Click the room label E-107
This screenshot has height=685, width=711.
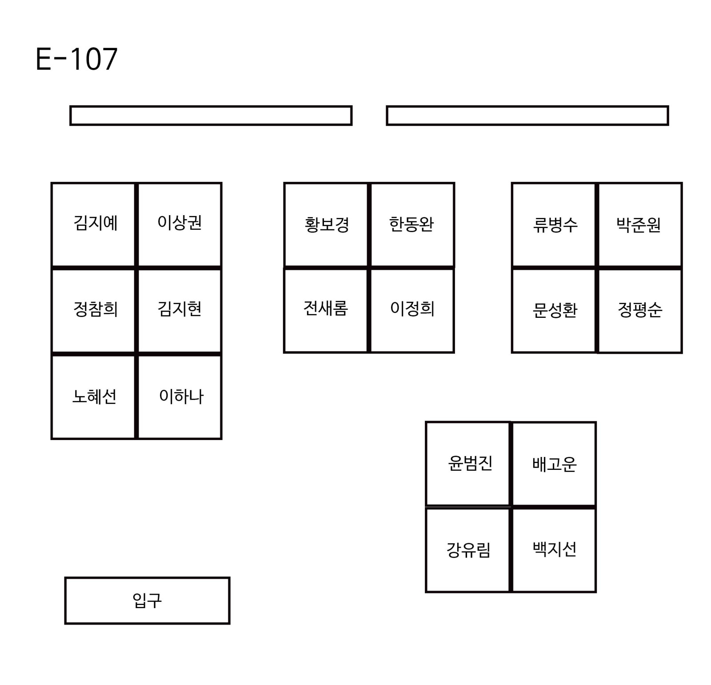tap(76, 59)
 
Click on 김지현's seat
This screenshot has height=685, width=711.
tap(180, 310)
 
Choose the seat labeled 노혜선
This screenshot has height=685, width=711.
tap(93, 397)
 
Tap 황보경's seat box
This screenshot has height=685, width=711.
tap(326, 224)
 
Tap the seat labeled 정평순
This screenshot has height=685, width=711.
tap(640, 310)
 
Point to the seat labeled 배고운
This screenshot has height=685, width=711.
tap(554, 464)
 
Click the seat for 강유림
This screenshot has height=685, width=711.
tap(468, 550)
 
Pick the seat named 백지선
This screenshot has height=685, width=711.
tap(554, 550)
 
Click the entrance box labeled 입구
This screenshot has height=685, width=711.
tap(147, 601)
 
